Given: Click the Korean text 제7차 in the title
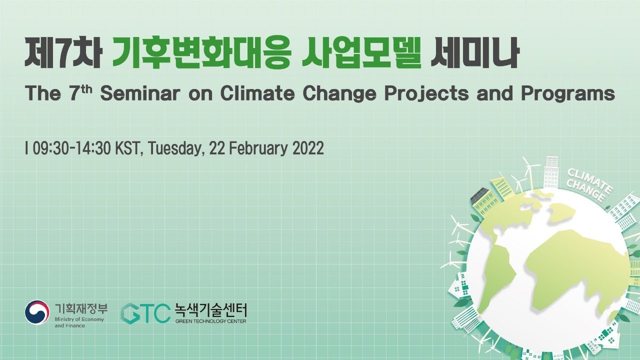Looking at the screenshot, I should pos(63,53).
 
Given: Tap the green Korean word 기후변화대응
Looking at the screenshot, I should pos(200,53).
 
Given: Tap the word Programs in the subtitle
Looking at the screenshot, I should pos(567,94).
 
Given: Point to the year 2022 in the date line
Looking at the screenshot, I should pos(307,148).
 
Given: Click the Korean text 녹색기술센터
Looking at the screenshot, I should pos(210,309).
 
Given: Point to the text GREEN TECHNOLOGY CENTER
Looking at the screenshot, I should pos(210,321).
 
